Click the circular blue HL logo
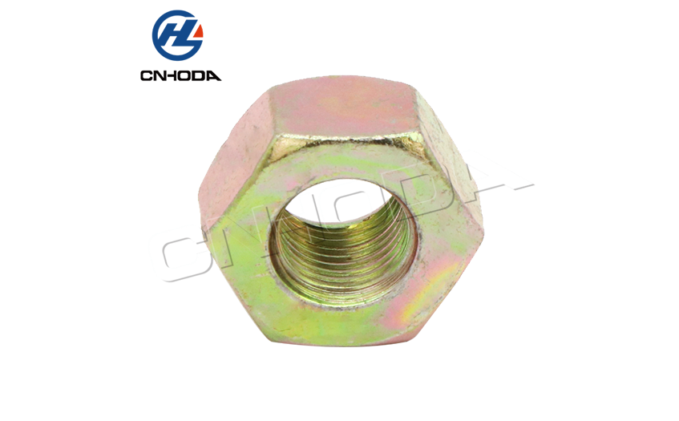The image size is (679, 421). pyautogui.click(x=177, y=35)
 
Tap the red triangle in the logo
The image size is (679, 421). pyautogui.click(x=199, y=31)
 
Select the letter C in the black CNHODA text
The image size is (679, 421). pyautogui.click(x=147, y=76)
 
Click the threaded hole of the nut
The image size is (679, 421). pyautogui.click(x=343, y=242)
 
